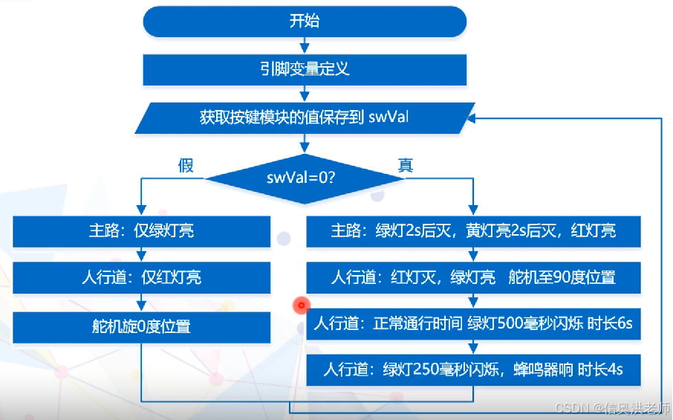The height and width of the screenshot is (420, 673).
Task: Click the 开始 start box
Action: (304, 22)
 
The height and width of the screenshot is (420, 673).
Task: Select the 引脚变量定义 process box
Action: (304, 70)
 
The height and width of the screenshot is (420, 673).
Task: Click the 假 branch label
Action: (185, 165)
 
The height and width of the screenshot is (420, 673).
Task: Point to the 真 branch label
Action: (406, 165)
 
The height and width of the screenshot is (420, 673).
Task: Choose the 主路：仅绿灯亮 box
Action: (140, 231)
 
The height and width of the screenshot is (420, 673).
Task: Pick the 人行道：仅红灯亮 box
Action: (140, 278)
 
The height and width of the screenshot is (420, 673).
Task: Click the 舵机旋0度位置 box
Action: (140, 326)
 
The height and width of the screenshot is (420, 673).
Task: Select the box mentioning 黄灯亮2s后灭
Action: (473, 231)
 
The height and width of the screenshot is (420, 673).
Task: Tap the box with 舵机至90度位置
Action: (473, 278)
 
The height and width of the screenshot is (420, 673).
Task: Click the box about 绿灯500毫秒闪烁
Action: (473, 325)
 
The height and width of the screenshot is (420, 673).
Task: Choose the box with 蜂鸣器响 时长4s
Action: (473, 369)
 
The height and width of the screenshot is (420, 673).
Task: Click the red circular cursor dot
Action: (301, 304)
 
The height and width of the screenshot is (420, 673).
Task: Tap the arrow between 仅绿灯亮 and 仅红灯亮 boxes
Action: (140, 254)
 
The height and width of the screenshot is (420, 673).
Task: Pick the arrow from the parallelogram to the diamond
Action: (304, 146)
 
